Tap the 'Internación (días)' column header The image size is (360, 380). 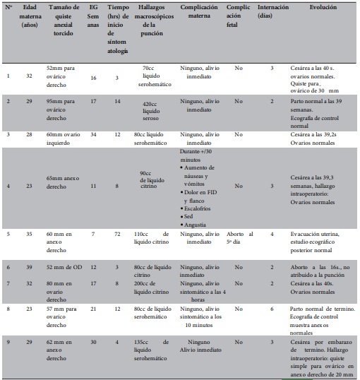(x=272, y=14)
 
